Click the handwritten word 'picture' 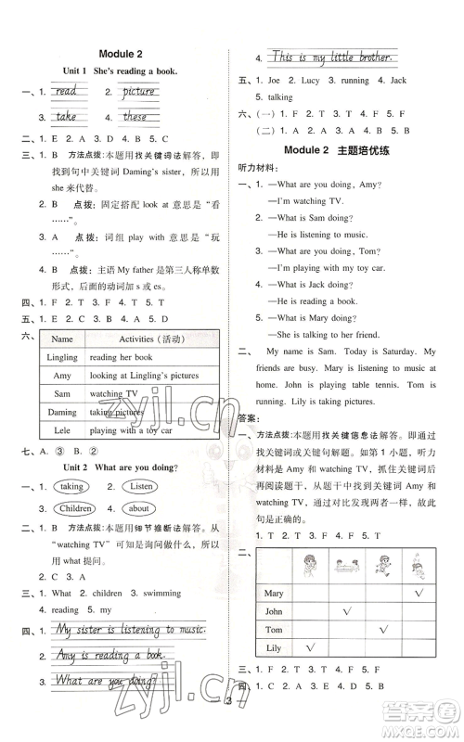[138, 92]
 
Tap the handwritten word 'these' [135, 117]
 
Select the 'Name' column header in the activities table [62, 339]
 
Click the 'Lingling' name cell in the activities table [62, 357]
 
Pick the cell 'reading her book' [121, 357]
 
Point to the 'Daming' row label [62, 412]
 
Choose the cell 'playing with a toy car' [135, 430]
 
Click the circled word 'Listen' [142, 486]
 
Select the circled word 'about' [138, 508]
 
